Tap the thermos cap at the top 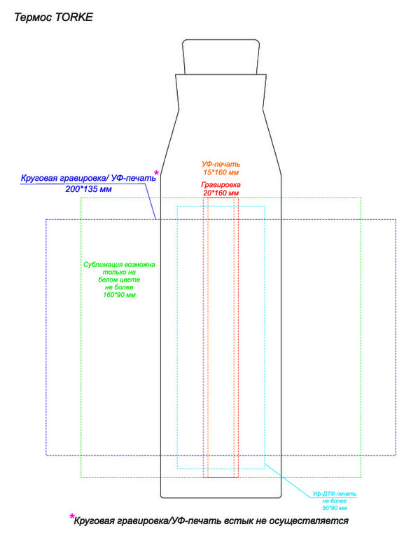[221, 57]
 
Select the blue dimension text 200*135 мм [89, 189]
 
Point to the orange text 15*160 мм [221, 172]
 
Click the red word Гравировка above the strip [221, 185]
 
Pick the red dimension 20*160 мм [221, 193]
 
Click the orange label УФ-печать [221, 164]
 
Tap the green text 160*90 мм [119, 295]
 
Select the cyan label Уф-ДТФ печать [334, 494]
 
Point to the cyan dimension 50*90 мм [334, 508]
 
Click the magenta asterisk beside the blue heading [156, 173]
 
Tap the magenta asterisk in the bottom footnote [72, 517]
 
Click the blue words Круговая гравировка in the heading [63, 179]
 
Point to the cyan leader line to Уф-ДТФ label [288, 481]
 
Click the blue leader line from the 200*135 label [150, 202]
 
